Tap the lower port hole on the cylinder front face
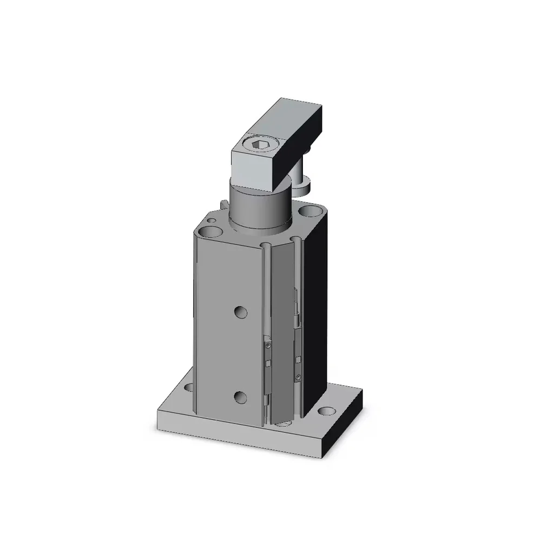(x=240, y=398)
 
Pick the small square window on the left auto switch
(x=268, y=362)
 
